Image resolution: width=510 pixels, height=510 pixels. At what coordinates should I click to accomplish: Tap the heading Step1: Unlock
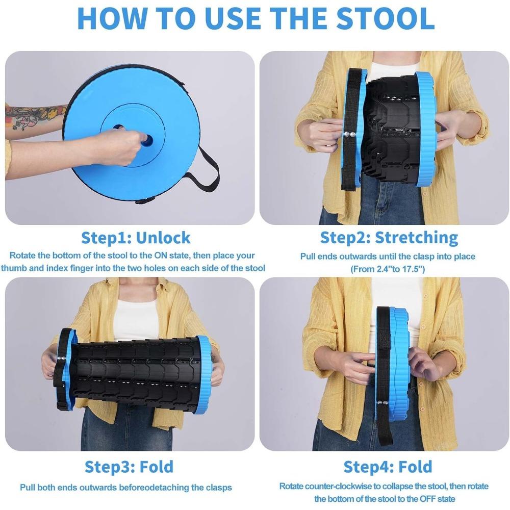click(x=136, y=238)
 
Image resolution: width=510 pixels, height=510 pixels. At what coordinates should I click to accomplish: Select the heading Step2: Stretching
click(x=389, y=238)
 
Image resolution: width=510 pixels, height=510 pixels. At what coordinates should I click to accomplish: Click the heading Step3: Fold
click(x=129, y=467)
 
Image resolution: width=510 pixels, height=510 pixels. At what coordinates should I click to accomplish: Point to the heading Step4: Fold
click(x=388, y=467)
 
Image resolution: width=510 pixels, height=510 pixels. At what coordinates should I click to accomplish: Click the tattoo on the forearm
click(x=36, y=117)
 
